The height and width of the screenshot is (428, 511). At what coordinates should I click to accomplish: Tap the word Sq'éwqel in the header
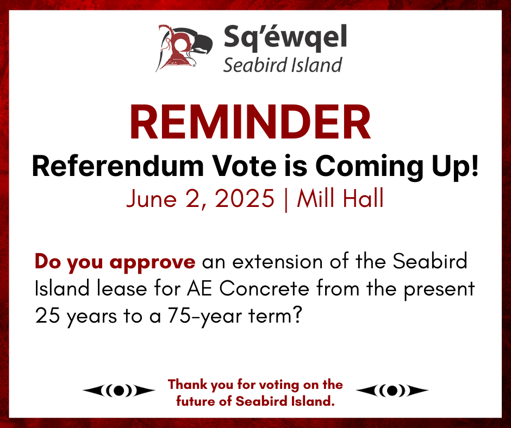point(285,38)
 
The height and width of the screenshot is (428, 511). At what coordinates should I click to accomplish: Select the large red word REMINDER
point(250,122)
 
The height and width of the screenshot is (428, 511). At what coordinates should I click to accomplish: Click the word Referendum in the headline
point(117,166)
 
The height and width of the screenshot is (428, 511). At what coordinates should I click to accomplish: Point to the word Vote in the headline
point(245,166)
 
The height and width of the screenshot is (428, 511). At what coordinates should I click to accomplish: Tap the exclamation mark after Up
point(474,166)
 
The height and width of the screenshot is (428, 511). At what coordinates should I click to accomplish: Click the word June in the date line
point(149,198)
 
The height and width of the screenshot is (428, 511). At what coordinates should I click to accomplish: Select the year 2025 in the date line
point(245,198)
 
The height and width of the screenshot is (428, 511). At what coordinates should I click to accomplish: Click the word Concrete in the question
point(264,288)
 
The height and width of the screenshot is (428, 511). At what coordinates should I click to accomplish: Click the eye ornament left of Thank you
point(119,390)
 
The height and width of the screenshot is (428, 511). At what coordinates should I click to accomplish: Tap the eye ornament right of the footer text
point(392,390)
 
